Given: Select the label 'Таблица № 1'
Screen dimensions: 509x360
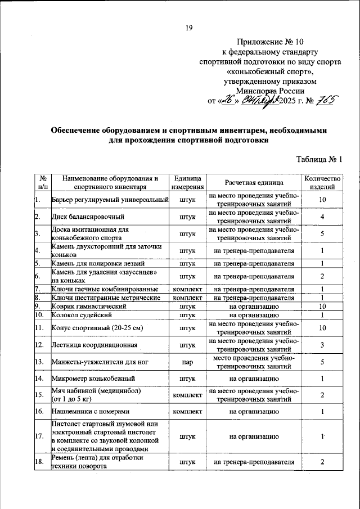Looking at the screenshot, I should (x=319, y=159).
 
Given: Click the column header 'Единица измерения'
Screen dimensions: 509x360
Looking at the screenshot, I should (x=188, y=183).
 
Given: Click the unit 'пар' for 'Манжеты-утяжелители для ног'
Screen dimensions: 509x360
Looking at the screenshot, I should (x=188, y=362).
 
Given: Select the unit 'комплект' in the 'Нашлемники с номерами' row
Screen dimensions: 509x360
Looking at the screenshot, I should (x=188, y=412).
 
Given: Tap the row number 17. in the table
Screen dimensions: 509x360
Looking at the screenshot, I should (x=38, y=436).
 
